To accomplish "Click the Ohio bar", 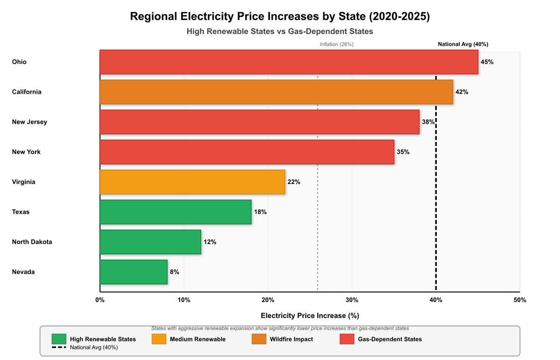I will point(289,62).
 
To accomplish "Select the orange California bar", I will point(276,92).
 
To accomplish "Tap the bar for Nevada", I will point(133,272).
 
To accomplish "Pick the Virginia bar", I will point(192,182).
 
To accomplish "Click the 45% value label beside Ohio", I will point(487,62).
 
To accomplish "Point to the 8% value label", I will point(175,272).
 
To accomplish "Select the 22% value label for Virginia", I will point(294,182).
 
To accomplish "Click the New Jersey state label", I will point(29,122).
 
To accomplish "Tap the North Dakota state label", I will point(32,242).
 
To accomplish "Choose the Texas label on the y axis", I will point(21,212).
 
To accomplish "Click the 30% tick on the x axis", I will point(352,300).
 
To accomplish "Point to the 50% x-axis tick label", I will point(520,300).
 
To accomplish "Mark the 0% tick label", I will point(100,300).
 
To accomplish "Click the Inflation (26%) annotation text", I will point(336,44).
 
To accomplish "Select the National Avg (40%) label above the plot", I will point(463,44).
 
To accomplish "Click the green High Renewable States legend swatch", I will point(59,339).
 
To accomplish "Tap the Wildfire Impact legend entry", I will point(291,339).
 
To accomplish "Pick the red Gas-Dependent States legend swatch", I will point(346,339).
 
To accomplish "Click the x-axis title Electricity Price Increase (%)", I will point(310,316).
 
